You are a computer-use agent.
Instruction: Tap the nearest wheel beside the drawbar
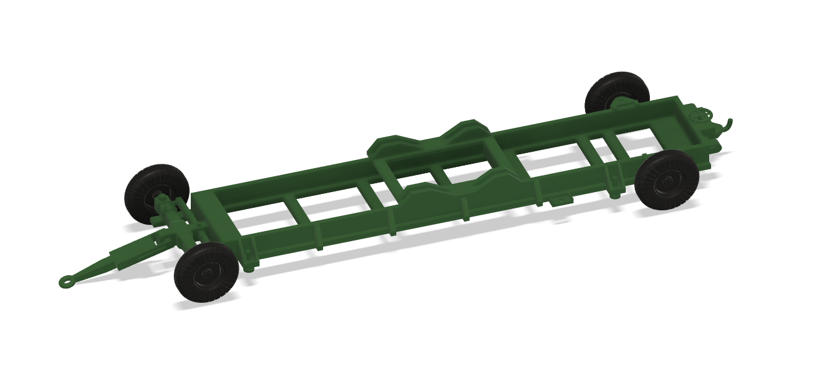click(207, 272)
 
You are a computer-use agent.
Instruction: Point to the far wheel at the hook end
click(617, 93)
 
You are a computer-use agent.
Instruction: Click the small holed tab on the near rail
click(558, 202)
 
